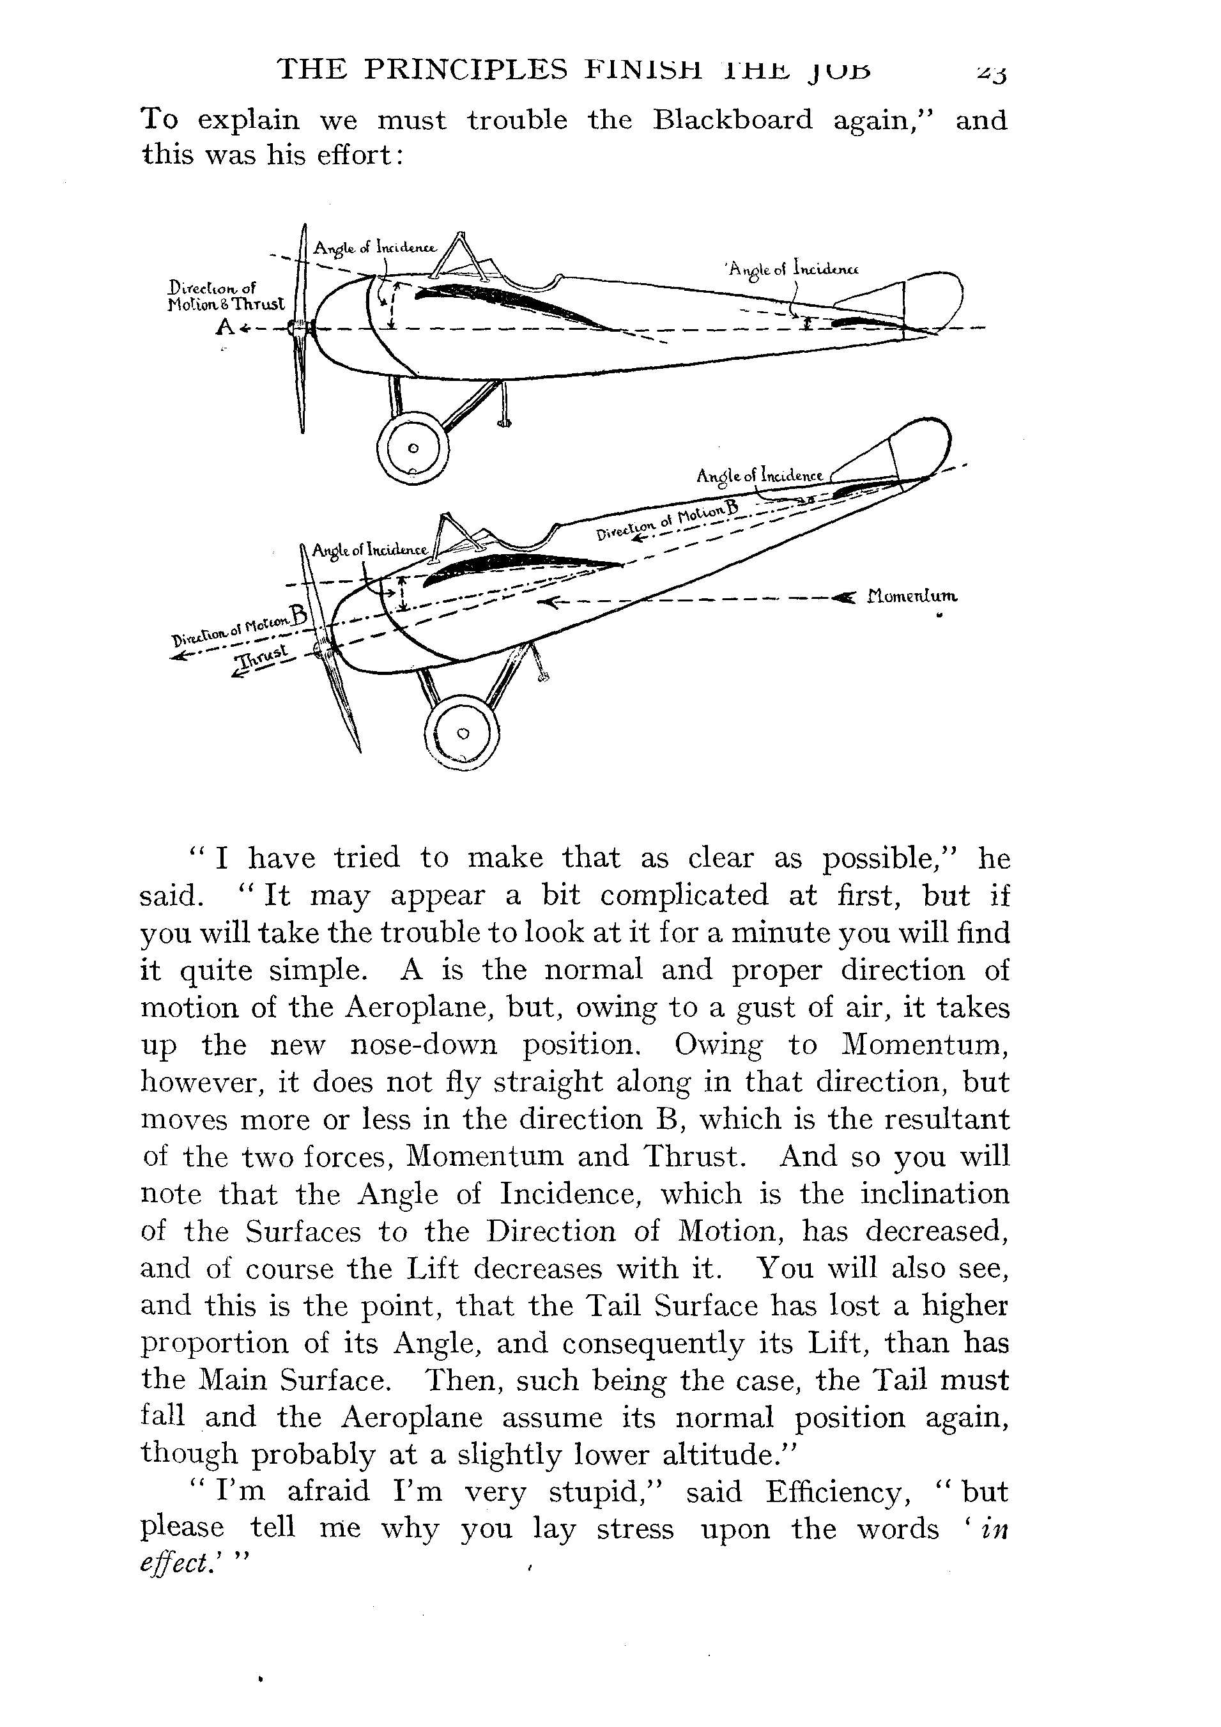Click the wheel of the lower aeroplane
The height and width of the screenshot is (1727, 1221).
point(462,733)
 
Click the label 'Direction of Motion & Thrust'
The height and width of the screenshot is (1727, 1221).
point(226,295)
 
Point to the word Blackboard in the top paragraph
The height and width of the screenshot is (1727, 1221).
point(732,120)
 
